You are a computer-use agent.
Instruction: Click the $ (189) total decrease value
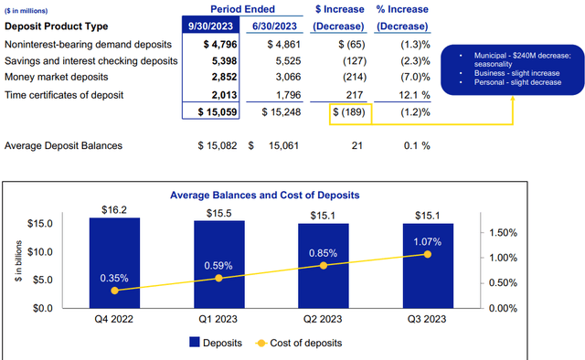pos(351,114)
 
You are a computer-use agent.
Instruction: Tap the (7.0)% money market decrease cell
pos(413,78)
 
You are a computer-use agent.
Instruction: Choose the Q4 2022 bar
pos(114,262)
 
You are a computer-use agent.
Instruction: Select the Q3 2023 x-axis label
pos(428,320)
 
